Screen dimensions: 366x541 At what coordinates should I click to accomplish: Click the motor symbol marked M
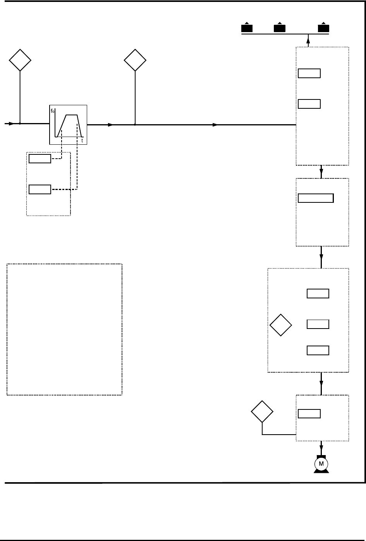click(x=321, y=464)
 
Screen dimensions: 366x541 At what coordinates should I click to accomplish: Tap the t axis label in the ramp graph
click(x=82, y=141)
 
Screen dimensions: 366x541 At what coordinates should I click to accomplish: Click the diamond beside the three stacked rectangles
click(x=281, y=325)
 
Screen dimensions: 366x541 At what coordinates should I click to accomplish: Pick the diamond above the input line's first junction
click(x=20, y=60)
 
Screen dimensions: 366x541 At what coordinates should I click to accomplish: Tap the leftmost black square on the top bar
click(x=247, y=28)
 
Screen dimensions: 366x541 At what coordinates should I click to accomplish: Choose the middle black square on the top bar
click(x=279, y=28)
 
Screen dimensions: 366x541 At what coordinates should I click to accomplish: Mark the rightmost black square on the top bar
click(x=323, y=28)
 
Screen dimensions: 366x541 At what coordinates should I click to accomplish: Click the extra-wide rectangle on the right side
click(x=316, y=198)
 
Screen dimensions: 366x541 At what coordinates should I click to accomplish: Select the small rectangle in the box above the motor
click(x=309, y=414)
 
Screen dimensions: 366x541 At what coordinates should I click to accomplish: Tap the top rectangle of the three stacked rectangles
click(x=318, y=294)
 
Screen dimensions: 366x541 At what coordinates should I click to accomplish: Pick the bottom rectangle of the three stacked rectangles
click(x=318, y=351)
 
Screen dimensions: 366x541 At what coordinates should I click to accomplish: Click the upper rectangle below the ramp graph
click(x=40, y=159)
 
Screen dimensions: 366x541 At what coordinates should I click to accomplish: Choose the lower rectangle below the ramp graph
click(x=40, y=190)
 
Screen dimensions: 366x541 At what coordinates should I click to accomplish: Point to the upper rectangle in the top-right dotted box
click(x=309, y=73)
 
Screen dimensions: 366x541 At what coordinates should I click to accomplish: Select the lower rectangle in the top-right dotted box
click(x=309, y=104)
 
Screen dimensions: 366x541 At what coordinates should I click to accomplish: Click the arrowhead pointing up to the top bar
click(x=308, y=37)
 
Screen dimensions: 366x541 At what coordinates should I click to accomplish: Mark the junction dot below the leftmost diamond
click(x=20, y=124)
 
